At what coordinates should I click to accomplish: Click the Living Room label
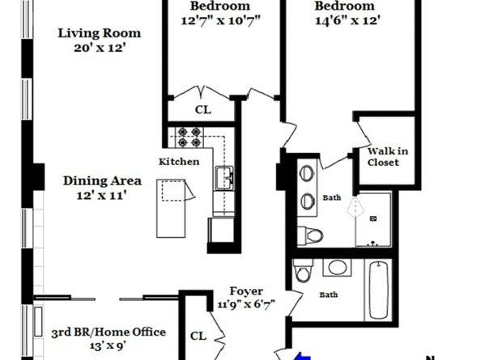(99, 33)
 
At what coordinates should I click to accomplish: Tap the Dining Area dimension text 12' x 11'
(103, 196)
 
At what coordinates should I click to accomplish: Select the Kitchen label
(178, 162)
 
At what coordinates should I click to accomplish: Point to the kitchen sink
(224, 177)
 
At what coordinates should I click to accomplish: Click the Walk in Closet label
(383, 156)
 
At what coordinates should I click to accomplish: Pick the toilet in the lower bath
(304, 273)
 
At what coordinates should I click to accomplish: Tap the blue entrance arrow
(301, 355)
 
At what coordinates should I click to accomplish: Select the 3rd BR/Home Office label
(109, 332)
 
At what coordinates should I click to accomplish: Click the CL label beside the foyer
(198, 334)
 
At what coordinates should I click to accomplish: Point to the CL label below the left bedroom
(202, 109)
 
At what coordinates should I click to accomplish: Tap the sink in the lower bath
(335, 267)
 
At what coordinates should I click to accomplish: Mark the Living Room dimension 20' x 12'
(99, 48)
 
